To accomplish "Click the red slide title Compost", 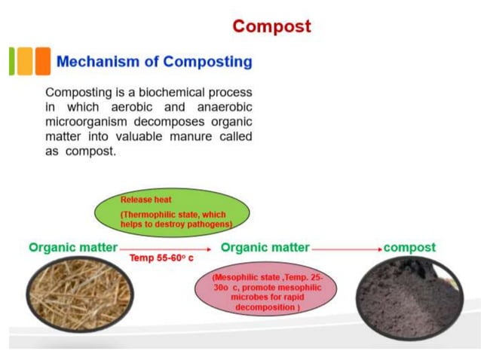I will click(271, 26).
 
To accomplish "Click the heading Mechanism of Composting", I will click(155, 61).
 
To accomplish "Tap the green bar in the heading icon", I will click(12, 61).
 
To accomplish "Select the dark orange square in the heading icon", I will click(43, 61).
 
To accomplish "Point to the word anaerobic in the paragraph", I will click(216, 107).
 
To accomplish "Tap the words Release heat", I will click(146, 200).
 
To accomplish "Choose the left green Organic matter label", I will click(72, 248).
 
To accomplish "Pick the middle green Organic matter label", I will click(265, 248).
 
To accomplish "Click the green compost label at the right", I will click(409, 248).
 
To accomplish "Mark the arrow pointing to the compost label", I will click(347, 248).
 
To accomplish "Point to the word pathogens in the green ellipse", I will click(211, 224).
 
